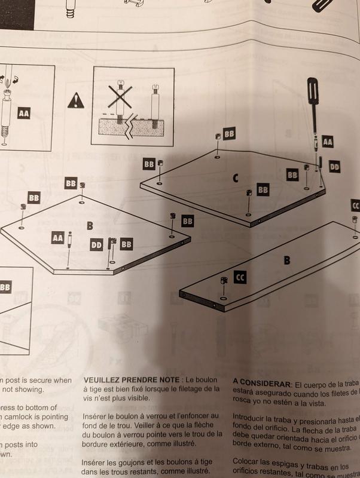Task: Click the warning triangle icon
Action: pos(76,100)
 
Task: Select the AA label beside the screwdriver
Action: pos(327,142)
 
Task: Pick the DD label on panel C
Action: pos(334,167)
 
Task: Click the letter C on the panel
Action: pos(236,177)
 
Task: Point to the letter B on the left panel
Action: pos(90,225)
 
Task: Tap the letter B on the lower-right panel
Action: pos(286,261)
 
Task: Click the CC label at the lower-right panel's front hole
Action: pos(240,278)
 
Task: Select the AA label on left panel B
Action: pos(57,238)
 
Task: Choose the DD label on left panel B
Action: pos(96,244)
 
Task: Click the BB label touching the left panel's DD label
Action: pos(126,244)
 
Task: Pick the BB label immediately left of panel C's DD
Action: pos(292,175)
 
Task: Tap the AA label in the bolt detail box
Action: pos(24,113)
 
